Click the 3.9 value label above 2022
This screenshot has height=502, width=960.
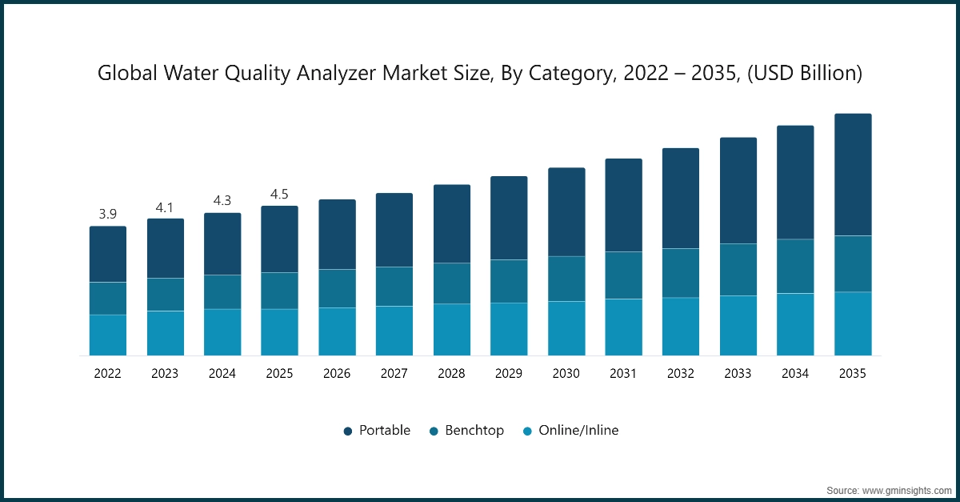point(107,215)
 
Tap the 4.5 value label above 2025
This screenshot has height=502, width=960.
point(279,195)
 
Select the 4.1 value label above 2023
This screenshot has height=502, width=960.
point(165,207)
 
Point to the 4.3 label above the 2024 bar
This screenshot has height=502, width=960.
point(222,201)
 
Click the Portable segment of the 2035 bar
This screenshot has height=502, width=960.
point(853,175)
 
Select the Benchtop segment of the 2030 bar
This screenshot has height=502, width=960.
point(566,279)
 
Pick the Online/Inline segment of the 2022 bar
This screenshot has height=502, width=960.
point(107,335)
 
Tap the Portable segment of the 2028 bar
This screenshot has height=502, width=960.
point(451,223)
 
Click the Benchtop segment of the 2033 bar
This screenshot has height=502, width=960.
point(738,270)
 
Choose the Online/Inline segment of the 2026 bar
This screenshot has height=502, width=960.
point(337,331)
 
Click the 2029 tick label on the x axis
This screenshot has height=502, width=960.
point(509,373)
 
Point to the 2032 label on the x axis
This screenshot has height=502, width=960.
point(681,373)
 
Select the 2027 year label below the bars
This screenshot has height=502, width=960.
point(394,373)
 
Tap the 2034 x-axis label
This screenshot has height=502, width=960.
point(795,373)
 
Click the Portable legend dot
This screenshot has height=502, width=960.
point(348,431)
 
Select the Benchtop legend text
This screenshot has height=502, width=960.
point(474,431)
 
